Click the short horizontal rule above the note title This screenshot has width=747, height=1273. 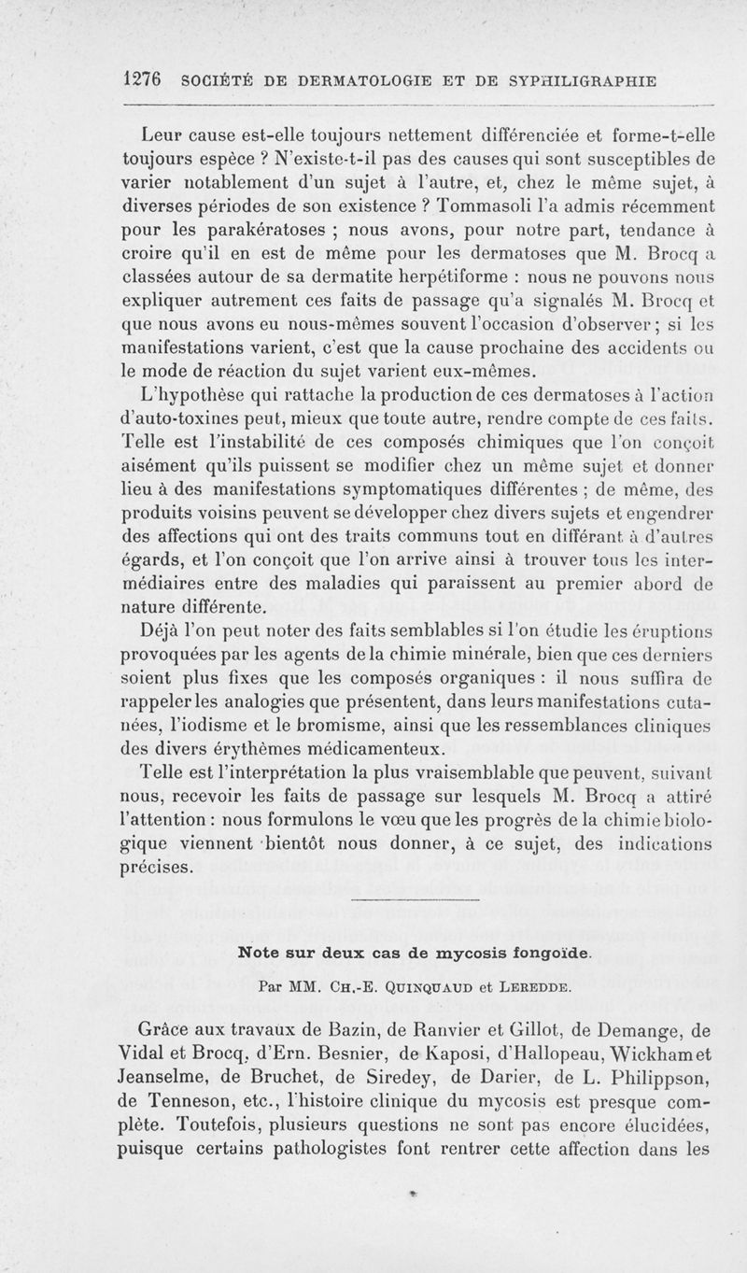[412, 901]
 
